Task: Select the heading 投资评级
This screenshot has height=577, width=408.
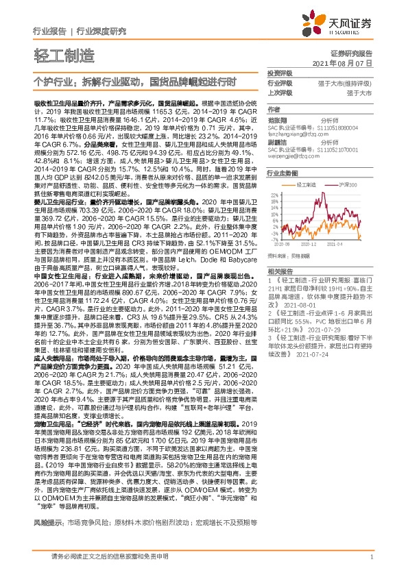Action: point(279,73)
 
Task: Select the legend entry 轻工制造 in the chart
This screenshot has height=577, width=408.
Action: point(306,185)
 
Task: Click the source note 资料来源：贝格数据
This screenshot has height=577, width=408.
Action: point(289,254)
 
